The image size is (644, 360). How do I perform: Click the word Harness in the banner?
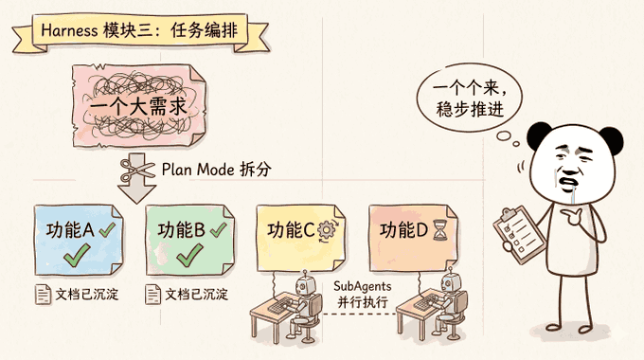pyautogui.click(x=69, y=30)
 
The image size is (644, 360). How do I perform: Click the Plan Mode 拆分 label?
pyautogui.click(x=217, y=170)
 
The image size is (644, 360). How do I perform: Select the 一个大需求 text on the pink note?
pyautogui.click(x=138, y=107)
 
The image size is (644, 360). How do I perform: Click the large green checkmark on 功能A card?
pyautogui.click(x=78, y=255)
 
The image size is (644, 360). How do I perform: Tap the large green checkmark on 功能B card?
pyautogui.click(x=189, y=255)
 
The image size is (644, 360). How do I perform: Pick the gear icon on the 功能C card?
pyautogui.click(x=328, y=230)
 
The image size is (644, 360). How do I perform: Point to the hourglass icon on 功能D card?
pyautogui.click(x=440, y=230)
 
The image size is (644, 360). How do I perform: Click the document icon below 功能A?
pyautogui.click(x=44, y=295)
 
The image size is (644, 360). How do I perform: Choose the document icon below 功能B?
pyautogui.click(x=152, y=295)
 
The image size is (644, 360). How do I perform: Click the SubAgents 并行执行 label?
pyautogui.click(x=362, y=295)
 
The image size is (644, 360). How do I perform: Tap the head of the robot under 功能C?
pyautogui.click(x=306, y=284)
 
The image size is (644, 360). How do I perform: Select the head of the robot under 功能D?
pyautogui.click(x=452, y=281)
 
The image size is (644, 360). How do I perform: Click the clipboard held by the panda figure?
pyautogui.click(x=519, y=234)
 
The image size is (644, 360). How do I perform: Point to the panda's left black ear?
pyautogui.click(x=537, y=135)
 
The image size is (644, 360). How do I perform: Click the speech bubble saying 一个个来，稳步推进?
pyautogui.click(x=470, y=98)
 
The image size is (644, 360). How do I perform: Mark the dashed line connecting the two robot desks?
pyautogui.click(x=359, y=315)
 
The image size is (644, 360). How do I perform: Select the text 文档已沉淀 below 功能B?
pyautogui.click(x=197, y=295)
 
